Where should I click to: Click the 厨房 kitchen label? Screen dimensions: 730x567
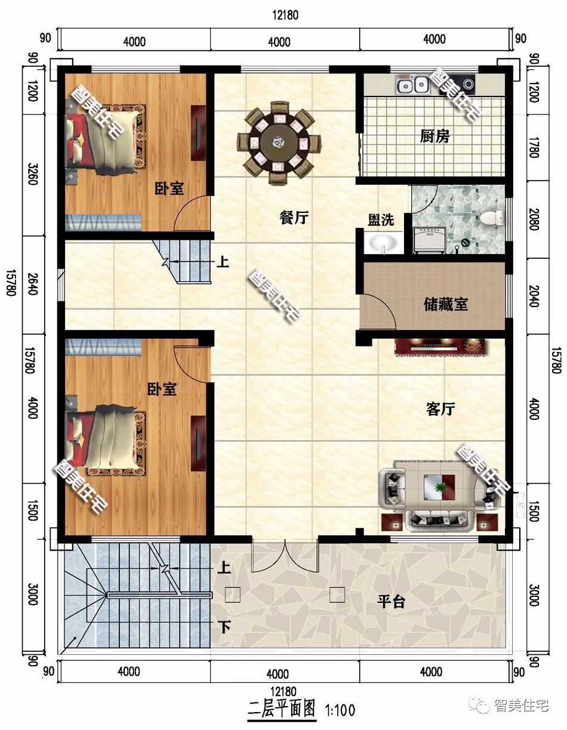434,137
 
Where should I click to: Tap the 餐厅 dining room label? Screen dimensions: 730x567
294,218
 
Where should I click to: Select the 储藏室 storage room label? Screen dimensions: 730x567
445,305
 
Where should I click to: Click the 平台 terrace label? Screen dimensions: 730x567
391,602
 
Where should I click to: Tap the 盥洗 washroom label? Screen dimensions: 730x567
381,220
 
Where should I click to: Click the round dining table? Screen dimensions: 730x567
278,142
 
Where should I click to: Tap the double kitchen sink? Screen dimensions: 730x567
413,85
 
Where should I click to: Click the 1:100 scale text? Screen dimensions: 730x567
340,710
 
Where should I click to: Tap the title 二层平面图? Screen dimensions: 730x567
281,709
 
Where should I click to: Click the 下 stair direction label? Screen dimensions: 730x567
224,627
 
